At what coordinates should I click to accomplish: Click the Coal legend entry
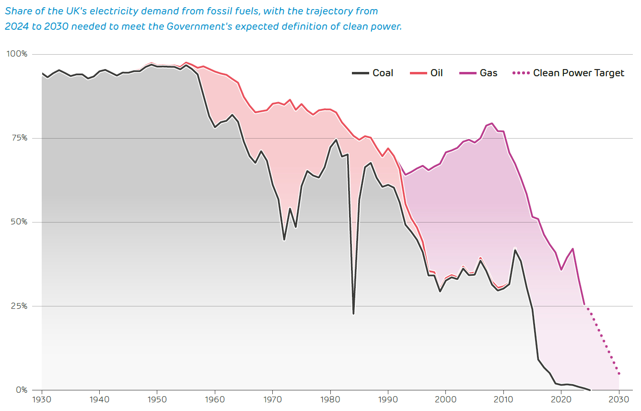[x=383, y=73]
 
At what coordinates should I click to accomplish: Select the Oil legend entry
[x=436, y=73]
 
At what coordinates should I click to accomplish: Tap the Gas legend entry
[x=489, y=73]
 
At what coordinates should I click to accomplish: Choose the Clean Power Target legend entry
[x=578, y=73]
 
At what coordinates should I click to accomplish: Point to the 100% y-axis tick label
[x=17, y=54]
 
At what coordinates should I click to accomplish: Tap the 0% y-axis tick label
[x=21, y=390]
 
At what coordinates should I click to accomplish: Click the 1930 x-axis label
[x=42, y=399]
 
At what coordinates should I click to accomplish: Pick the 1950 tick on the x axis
[x=157, y=399]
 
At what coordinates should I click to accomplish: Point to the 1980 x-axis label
[x=330, y=399]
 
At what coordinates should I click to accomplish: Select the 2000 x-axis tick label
[x=446, y=399]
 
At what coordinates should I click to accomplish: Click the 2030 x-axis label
[x=619, y=399]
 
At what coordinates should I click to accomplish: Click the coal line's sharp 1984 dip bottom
[x=353, y=313]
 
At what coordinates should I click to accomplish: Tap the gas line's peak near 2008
[x=492, y=123]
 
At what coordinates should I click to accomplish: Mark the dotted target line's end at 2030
[x=619, y=373]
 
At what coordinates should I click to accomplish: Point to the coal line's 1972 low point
[x=284, y=239]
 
